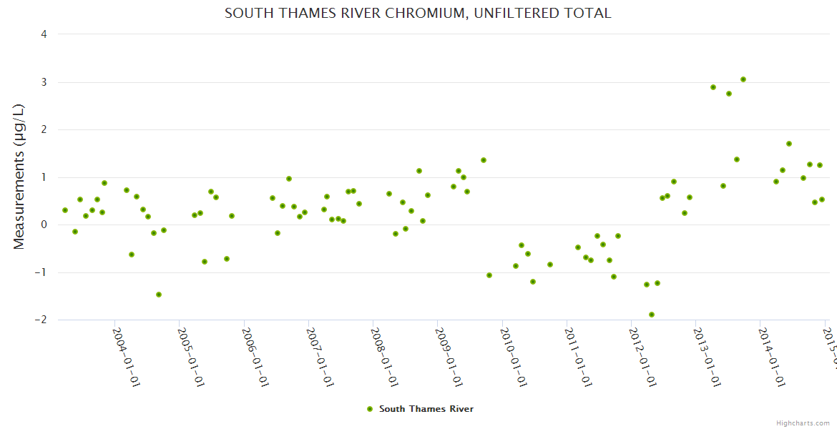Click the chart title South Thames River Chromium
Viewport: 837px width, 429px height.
point(418,13)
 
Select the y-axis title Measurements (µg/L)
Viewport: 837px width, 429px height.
point(19,176)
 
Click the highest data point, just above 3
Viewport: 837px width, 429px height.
point(743,79)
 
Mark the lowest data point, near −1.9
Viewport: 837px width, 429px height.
point(652,315)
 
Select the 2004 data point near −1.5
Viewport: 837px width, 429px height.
point(159,295)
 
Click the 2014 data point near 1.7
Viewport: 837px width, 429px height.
point(789,144)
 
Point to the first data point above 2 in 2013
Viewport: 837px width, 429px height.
point(713,87)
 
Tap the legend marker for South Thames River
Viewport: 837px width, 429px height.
point(370,409)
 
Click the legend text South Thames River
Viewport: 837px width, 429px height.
point(426,409)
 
